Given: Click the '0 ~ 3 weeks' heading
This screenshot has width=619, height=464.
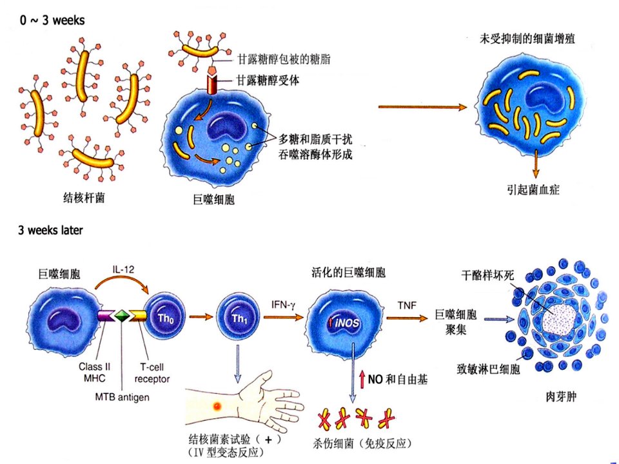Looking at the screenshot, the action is [x=52, y=20].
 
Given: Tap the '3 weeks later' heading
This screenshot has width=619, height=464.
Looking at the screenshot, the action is [x=50, y=230].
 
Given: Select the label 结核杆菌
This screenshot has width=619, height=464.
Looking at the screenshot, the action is [x=84, y=197].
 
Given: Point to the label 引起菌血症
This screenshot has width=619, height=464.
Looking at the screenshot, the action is [x=533, y=189].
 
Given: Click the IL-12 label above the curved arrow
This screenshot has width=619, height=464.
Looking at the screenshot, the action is [x=123, y=269].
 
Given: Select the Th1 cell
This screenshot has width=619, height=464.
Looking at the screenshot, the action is [x=239, y=318].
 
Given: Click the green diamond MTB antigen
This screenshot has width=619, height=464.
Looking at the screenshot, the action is [x=123, y=316].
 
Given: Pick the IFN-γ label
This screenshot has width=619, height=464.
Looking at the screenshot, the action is [x=283, y=305].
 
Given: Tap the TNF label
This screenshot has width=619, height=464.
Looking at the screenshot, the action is [x=407, y=305].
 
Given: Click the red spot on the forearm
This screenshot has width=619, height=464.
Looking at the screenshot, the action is [x=217, y=405].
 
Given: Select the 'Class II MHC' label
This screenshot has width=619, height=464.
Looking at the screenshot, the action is [x=94, y=372].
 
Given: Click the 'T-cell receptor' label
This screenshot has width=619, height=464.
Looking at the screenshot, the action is [x=152, y=373].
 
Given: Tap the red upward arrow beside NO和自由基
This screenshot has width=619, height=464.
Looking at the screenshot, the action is [x=362, y=379].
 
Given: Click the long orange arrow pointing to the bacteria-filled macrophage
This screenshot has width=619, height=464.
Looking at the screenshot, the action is [x=422, y=107].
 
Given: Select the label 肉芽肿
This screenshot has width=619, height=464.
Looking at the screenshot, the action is [x=560, y=396].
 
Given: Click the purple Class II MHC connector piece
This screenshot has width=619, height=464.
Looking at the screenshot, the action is [x=106, y=316].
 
